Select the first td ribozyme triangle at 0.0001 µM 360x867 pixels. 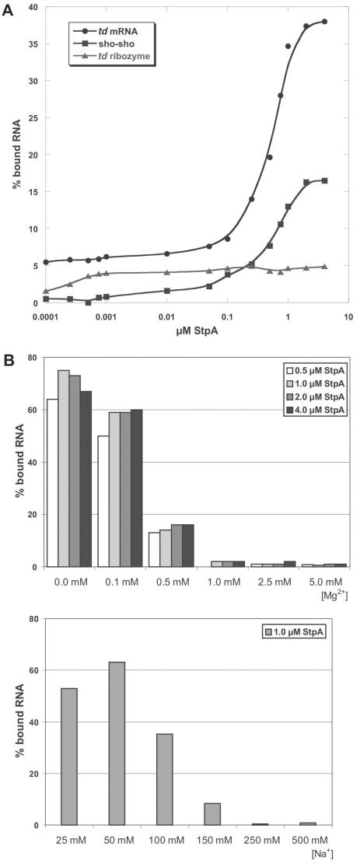(x=47, y=291)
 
